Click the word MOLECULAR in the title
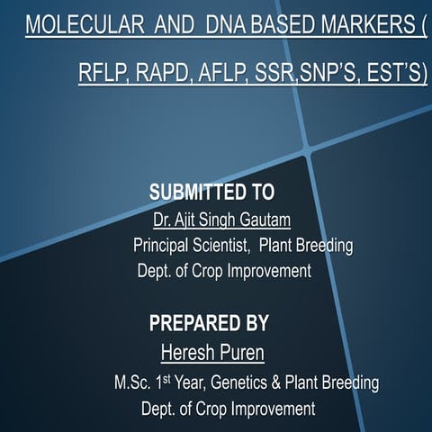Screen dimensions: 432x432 pyautogui.click(x=85, y=25)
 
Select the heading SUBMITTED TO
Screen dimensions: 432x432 pyautogui.click(x=211, y=193)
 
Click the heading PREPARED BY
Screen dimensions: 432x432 pyautogui.click(x=209, y=323)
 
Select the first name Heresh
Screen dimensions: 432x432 pyautogui.click(x=188, y=350)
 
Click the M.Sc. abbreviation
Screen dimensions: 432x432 pyautogui.click(x=130, y=382)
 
